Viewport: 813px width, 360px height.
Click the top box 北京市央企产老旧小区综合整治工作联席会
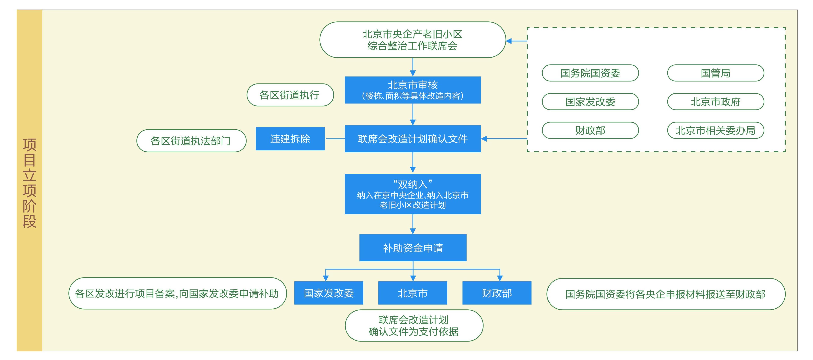click(x=413, y=40)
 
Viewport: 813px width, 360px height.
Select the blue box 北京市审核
click(x=413, y=90)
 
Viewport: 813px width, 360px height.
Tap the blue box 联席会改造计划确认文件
click(x=413, y=139)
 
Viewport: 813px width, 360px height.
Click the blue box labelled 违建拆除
click(x=290, y=139)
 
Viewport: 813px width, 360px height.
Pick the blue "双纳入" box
click(x=413, y=194)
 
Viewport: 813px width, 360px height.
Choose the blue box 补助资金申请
click(x=413, y=248)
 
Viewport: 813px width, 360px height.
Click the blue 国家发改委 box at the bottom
click(x=329, y=293)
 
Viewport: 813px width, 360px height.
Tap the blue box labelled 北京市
click(x=413, y=293)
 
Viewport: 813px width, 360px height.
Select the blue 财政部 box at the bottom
click(x=497, y=293)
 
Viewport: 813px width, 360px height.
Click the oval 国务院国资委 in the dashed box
click(x=590, y=73)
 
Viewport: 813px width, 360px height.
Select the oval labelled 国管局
click(x=715, y=73)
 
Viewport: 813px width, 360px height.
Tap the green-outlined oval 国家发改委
click(x=590, y=102)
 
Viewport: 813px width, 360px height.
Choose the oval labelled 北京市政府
click(x=715, y=102)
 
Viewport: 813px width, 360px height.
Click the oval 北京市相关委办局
click(x=715, y=130)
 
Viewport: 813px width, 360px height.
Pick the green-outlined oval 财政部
click(x=590, y=130)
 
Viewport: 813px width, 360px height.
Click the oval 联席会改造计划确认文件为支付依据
click(x=414, y=326)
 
